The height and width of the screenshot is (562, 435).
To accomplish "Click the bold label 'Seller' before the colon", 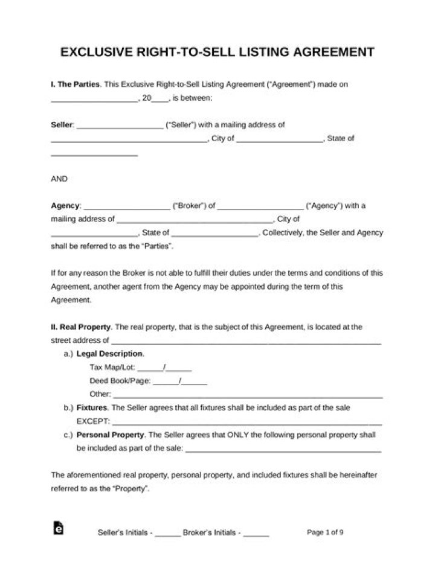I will click(x=62, y=125).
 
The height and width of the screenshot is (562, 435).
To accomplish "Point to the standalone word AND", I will click(x=59, y=179).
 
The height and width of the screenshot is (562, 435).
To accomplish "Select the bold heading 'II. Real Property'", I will click(x=80, y=327).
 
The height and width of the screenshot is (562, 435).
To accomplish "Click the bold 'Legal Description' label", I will click(x=110, y=354).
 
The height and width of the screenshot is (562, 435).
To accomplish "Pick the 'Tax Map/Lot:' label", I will click(x=112, y=367).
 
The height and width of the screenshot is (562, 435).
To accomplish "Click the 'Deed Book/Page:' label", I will click(x=119, y=381).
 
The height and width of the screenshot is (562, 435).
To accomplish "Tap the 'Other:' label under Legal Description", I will click(x=100, y=394).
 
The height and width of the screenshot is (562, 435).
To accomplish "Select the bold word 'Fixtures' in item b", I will click(x=92, y=407).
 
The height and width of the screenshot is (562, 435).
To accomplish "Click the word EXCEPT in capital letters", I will click(x=93, y=421).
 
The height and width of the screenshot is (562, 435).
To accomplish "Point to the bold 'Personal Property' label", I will click(x=111, y=435).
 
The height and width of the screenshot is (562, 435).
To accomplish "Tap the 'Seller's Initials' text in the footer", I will click(x=125, y=533).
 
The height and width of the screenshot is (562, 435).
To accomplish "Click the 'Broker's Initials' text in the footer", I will click(x=211, y=533).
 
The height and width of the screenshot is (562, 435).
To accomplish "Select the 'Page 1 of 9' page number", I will click(x=326, y=532).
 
